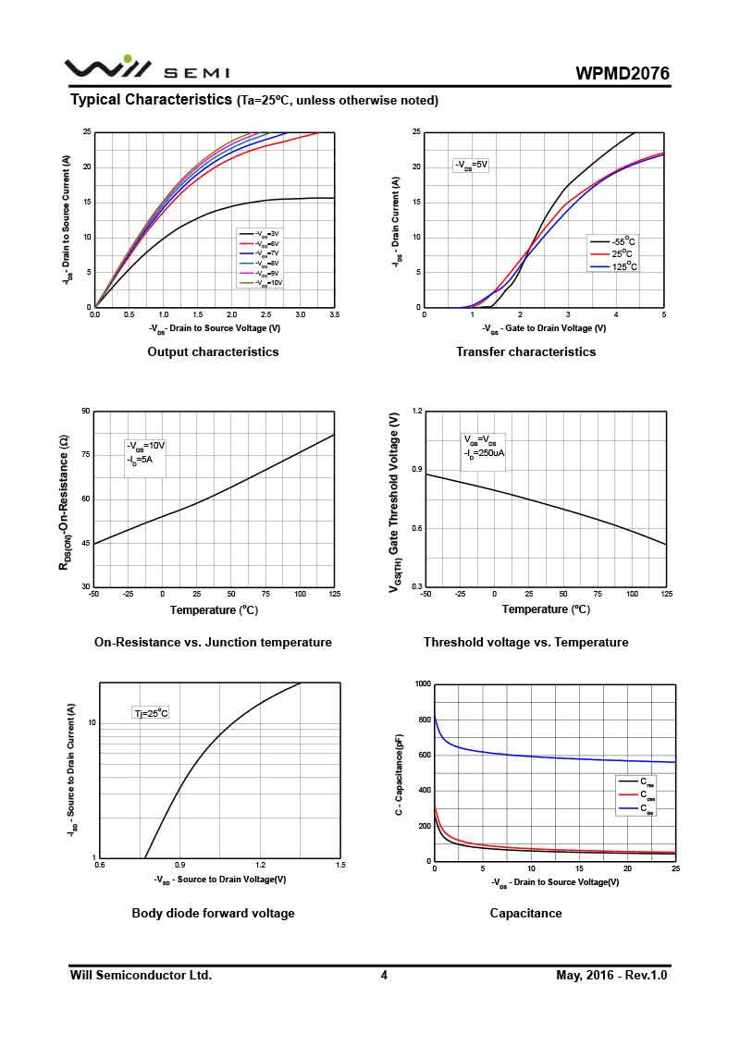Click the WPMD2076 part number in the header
622,74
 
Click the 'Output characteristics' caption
213,351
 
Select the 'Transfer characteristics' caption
525,351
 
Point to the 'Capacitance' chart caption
525,913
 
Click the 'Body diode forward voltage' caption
213,913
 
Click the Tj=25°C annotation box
151,713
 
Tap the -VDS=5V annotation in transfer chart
471,165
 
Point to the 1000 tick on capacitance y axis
423,684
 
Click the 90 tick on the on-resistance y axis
86,411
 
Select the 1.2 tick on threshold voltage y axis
417,411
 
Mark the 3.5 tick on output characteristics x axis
333,315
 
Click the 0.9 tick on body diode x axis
179,865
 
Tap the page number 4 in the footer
384,975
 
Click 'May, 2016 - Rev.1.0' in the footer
611,975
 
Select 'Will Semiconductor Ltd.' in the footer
141,975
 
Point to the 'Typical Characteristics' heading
151,99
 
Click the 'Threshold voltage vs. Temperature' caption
525,642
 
